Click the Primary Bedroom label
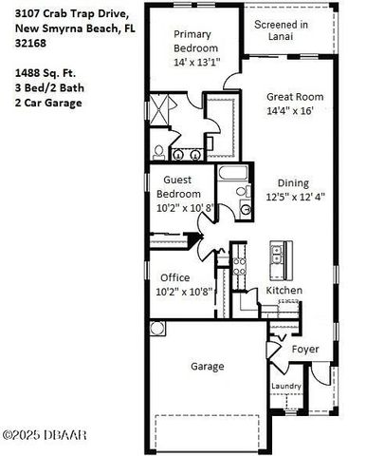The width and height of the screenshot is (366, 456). click(x=196, y=41)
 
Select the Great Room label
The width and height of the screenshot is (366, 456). click(x=296, y=96)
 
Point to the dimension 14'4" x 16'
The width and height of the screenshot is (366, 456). click(x=296, y=111)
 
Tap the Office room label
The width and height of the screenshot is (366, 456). click(x=174, y=277)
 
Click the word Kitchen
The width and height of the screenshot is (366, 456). click(x=284, y=290)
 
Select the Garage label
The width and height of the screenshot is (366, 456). click(x=208, y=366)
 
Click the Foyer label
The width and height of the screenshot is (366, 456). click(x=304, y=350)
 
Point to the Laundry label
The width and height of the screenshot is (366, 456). click(x=285, y=386)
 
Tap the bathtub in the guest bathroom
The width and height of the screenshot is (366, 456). click(x=232, y=177)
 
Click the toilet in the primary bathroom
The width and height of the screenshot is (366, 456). click(x=158, y=151)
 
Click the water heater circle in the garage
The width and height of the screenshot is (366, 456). click(x=156, y=329)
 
